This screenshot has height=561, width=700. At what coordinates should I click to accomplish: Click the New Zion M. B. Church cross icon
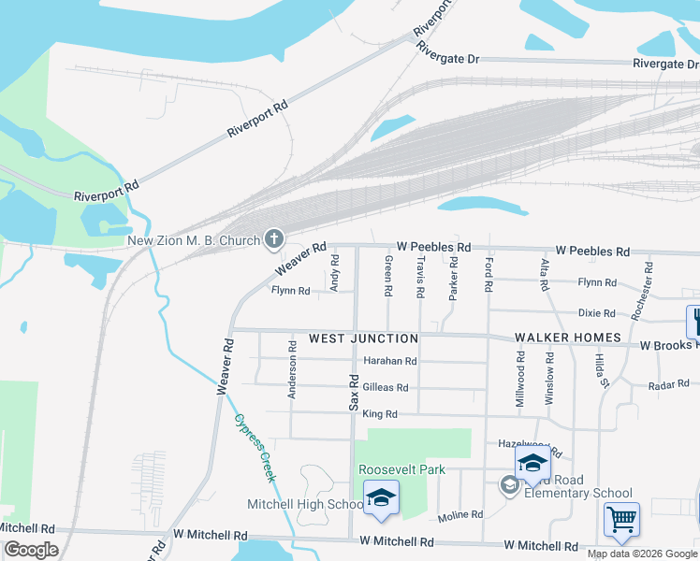pyautogui.click(x=274, y=240)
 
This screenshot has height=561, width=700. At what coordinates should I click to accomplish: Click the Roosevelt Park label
pyautogui.click(x=401, y=469)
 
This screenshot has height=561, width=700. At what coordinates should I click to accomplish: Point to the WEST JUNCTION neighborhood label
pyautogui.click(x=363, y=338)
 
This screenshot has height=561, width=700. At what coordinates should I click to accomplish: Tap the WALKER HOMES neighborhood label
pyautogui.click(x=568, y=338)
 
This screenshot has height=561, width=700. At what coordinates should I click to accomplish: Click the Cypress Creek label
pyautogui.click(x=255, y=448)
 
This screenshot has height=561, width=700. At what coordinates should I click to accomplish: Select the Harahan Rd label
pyautogui.click(x=390, y=361)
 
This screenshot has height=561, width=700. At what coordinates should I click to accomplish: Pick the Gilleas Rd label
pyautogui.click(x=386, y=387)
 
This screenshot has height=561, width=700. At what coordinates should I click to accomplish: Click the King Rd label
pyautogui.click(x=380, y=414)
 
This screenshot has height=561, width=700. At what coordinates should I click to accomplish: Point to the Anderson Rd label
pyautogui.click(x=292, y=369)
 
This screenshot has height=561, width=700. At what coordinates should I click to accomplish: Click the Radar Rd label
pyautogui.click(x=668, y=383)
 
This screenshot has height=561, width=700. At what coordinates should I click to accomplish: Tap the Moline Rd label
pyautogui.click(x=459, y=515)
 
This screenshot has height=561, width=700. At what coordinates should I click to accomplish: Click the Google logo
pyautogui.click(x=31, y=549)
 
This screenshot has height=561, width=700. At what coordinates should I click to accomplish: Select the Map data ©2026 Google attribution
pyautogui.click(x=641, y=554)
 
